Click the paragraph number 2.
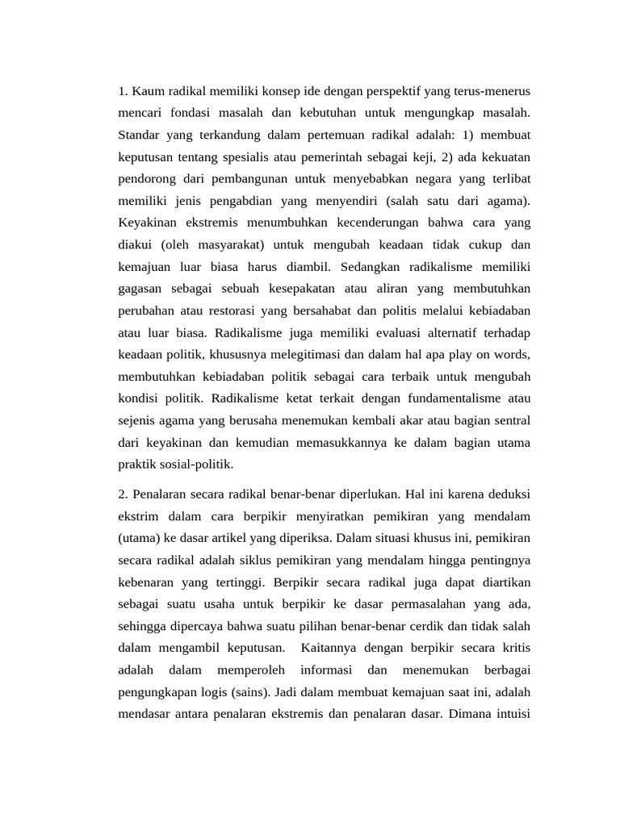[121, 493]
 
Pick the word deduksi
[509, 493]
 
